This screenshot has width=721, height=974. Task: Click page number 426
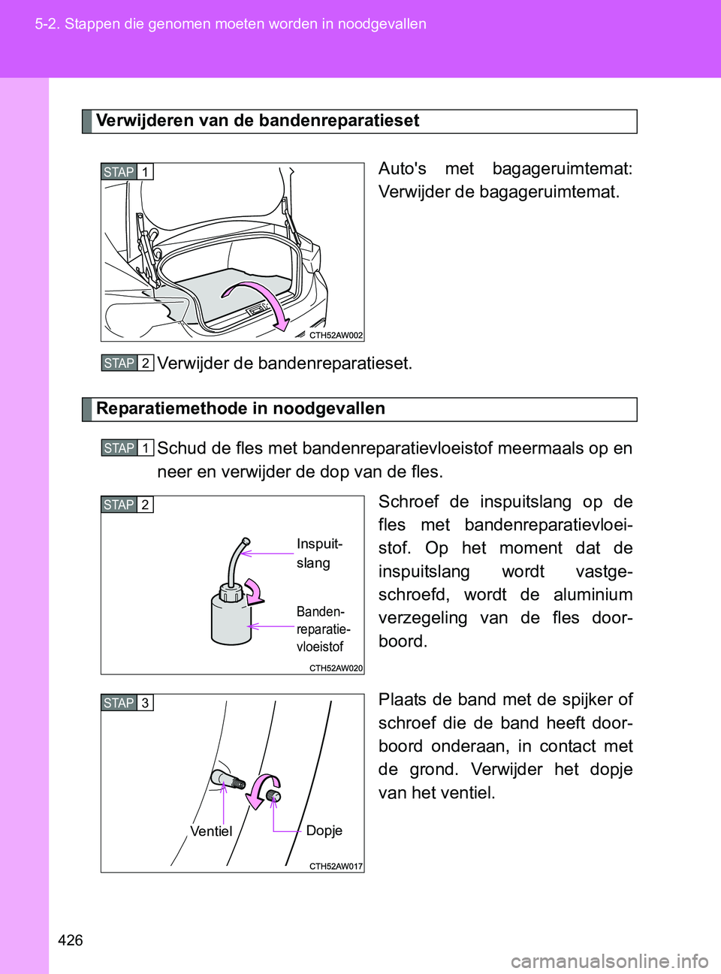click(70, 940)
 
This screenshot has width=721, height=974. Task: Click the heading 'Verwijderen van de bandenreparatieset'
click(257, 121)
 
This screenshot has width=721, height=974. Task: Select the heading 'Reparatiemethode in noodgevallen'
click(240, 409)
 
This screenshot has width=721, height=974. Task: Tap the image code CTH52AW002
click(336, 336)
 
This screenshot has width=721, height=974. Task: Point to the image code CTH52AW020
click(336, 668)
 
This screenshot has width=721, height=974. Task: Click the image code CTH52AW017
click(336, 867)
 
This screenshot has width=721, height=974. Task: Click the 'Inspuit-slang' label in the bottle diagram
click(319, 553)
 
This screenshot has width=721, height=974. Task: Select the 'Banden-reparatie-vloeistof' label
click(323, 629)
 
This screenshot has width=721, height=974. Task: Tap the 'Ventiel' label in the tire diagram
click(211, 831)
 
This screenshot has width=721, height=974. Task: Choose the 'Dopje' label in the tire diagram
click(324, 831)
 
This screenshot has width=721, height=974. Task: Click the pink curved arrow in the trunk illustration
click(263, 300)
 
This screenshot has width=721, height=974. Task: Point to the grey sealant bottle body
click(231, 620)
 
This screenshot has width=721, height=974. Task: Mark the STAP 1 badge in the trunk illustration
click(127, 172)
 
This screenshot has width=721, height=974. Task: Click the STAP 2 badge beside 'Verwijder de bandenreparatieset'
click(127, 363)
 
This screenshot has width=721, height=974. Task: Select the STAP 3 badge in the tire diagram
click(127, 703)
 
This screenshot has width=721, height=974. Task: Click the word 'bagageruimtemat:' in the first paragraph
click(562, 169)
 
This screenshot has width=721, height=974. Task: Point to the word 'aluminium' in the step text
click(593, 595)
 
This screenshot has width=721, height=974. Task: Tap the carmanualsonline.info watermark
click(609, 960)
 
